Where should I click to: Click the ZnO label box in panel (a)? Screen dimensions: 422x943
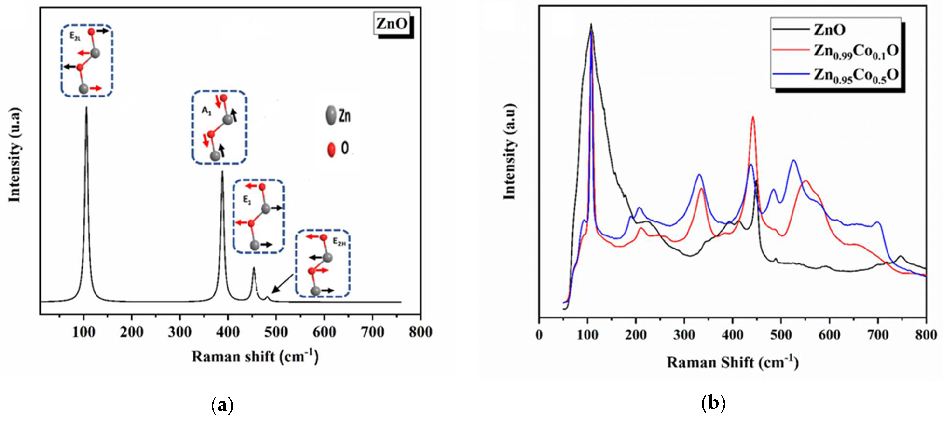[x=392, y=24]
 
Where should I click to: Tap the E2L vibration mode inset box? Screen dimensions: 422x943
[x=87, y=61]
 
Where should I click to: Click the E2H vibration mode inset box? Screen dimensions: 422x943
[x=323, y=263]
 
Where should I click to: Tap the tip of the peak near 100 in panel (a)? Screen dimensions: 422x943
[x=86, y=108]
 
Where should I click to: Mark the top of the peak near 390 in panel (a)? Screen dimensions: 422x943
[x=222, y=172]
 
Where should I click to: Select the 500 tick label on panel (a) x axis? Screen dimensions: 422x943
[x=276, y=332]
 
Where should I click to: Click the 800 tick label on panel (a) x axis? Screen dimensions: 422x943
[x=420, y=332]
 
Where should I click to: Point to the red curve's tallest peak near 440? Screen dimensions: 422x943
[x=753, y=118]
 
